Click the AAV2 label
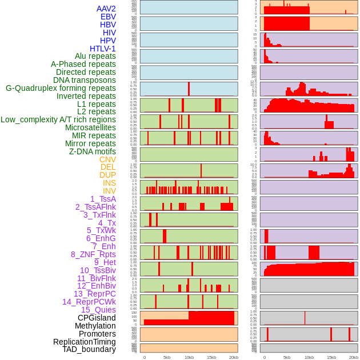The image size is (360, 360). [x=106, y=9]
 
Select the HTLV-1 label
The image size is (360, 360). [x=102, y=49]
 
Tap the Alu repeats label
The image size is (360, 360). [x=95, y=57]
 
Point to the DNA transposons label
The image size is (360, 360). [x=84, y=80]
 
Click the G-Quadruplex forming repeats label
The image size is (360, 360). [x=61, y=88]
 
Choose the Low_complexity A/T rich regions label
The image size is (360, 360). [x=58, y=119]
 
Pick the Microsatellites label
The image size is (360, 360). [x=90, y=127]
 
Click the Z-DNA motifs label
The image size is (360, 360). [x=92, y=151]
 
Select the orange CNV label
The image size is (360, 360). [x=107, y=159]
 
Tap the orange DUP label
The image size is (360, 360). [x=107, y=175]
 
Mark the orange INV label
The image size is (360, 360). [x=109, y=191]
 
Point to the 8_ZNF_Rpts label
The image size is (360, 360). [x=93, y=254]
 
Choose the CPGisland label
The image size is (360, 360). [x=97, y=318]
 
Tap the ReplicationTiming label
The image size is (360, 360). [x=84, y=342]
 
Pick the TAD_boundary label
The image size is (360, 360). [x=89, y=349]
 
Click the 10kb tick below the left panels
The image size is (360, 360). [x=189, y=357]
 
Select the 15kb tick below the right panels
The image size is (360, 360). [x=331, y=357]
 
